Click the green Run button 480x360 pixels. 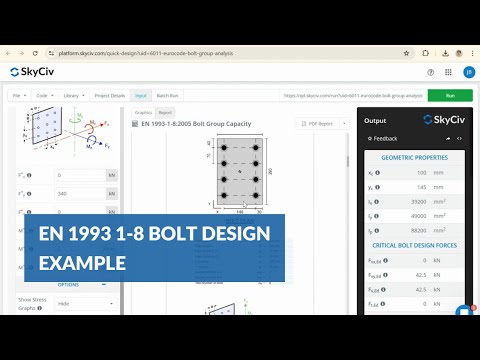click(x=450, y=95)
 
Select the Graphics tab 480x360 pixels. click(x=143, y=113)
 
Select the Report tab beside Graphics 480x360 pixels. click(x=165, y=113)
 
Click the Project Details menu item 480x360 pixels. click(x=110, y=95)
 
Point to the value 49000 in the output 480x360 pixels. click(x=420, y=215)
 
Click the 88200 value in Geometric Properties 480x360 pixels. click(x=420, y=229)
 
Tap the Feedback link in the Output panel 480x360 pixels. click(x=385, y=138)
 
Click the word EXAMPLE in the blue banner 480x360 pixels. click(x=82, y=263)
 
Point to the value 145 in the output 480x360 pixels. click(x=420, y=187)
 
